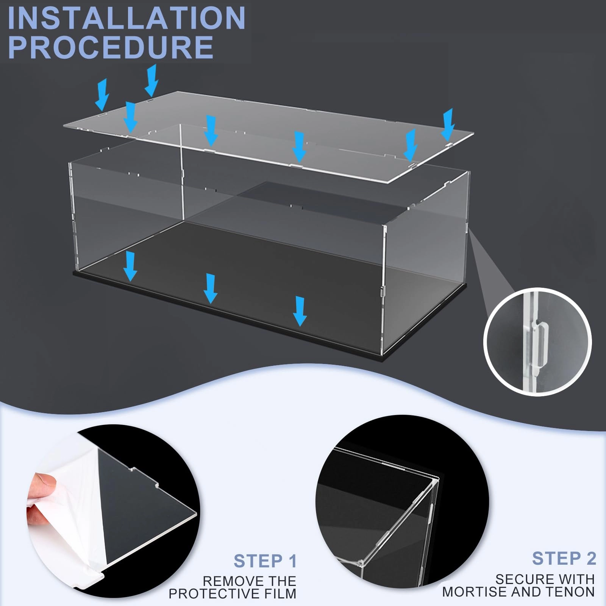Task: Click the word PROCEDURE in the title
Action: click(110, 47)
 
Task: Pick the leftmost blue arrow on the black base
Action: click(130, 267)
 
